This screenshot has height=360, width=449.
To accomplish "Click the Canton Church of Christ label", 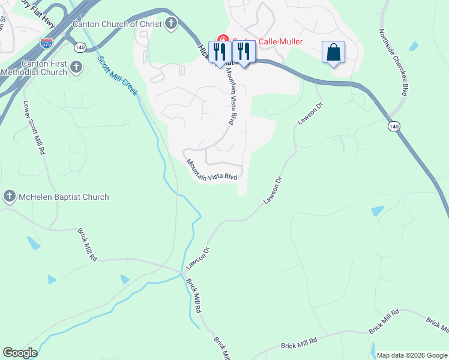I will coord(117,24).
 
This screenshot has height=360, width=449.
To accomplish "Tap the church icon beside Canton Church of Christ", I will coord(171,24).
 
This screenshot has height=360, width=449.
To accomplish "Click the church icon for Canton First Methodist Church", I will coord(76,68).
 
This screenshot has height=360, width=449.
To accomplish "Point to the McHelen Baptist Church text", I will coord(64,197).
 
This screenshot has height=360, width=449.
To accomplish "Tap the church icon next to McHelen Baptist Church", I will coord(10,196).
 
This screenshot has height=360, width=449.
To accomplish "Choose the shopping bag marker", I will coord(334,52).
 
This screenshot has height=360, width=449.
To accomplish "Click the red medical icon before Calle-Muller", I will coord(223,41).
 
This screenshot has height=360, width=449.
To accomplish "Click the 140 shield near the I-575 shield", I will coord(80,47).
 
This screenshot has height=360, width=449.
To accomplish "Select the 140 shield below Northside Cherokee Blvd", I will coord(394,127).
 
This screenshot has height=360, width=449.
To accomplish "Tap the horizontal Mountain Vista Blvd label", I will coord(212,170).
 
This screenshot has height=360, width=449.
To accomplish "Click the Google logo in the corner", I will coord(20,353).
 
